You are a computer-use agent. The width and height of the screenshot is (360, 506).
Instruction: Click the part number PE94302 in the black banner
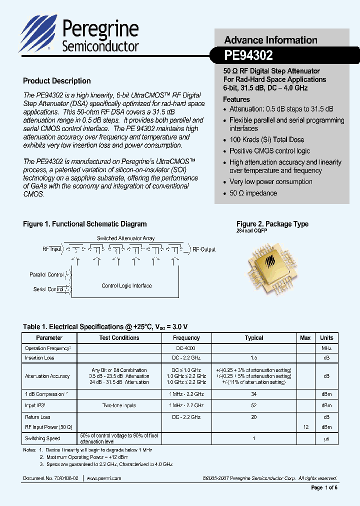tap(248, 55)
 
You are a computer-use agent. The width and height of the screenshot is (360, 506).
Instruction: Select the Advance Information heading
tap(270, 40)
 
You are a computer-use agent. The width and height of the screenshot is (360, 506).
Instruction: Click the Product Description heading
tap(57, 81)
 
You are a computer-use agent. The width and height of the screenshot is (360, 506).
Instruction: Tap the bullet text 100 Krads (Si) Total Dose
tap(266, 140)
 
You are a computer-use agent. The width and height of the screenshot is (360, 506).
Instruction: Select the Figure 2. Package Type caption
tap(272, 224)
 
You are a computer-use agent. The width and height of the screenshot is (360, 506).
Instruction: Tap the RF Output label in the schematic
tap(204, 249)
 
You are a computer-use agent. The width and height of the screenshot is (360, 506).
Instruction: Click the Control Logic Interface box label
tap(126, 286)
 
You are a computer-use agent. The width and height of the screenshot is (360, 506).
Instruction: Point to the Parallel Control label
tap(46, 274)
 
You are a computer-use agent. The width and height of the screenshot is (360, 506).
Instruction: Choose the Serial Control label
tap(48, 289)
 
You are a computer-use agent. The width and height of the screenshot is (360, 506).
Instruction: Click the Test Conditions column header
tap(119, 338)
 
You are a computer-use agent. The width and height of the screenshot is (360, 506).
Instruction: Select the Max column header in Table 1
tap(305, 338)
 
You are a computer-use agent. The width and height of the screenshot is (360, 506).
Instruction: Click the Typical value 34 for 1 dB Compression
tap(254, 394)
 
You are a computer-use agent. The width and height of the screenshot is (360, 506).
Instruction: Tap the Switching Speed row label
tap(42, 438)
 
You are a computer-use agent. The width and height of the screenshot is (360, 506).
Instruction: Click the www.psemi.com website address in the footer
tap(104, 478)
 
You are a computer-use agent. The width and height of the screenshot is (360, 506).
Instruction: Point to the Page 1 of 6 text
tap(324, 488)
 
